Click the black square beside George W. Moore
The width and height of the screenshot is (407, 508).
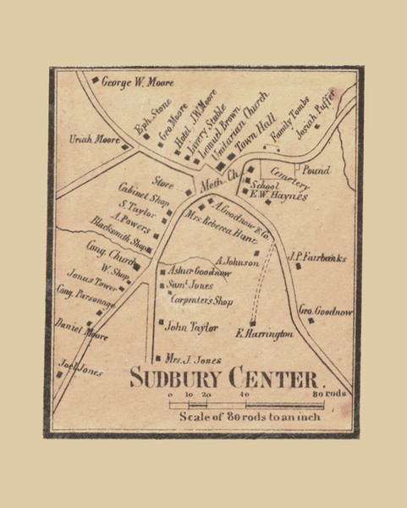(95, 81)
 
